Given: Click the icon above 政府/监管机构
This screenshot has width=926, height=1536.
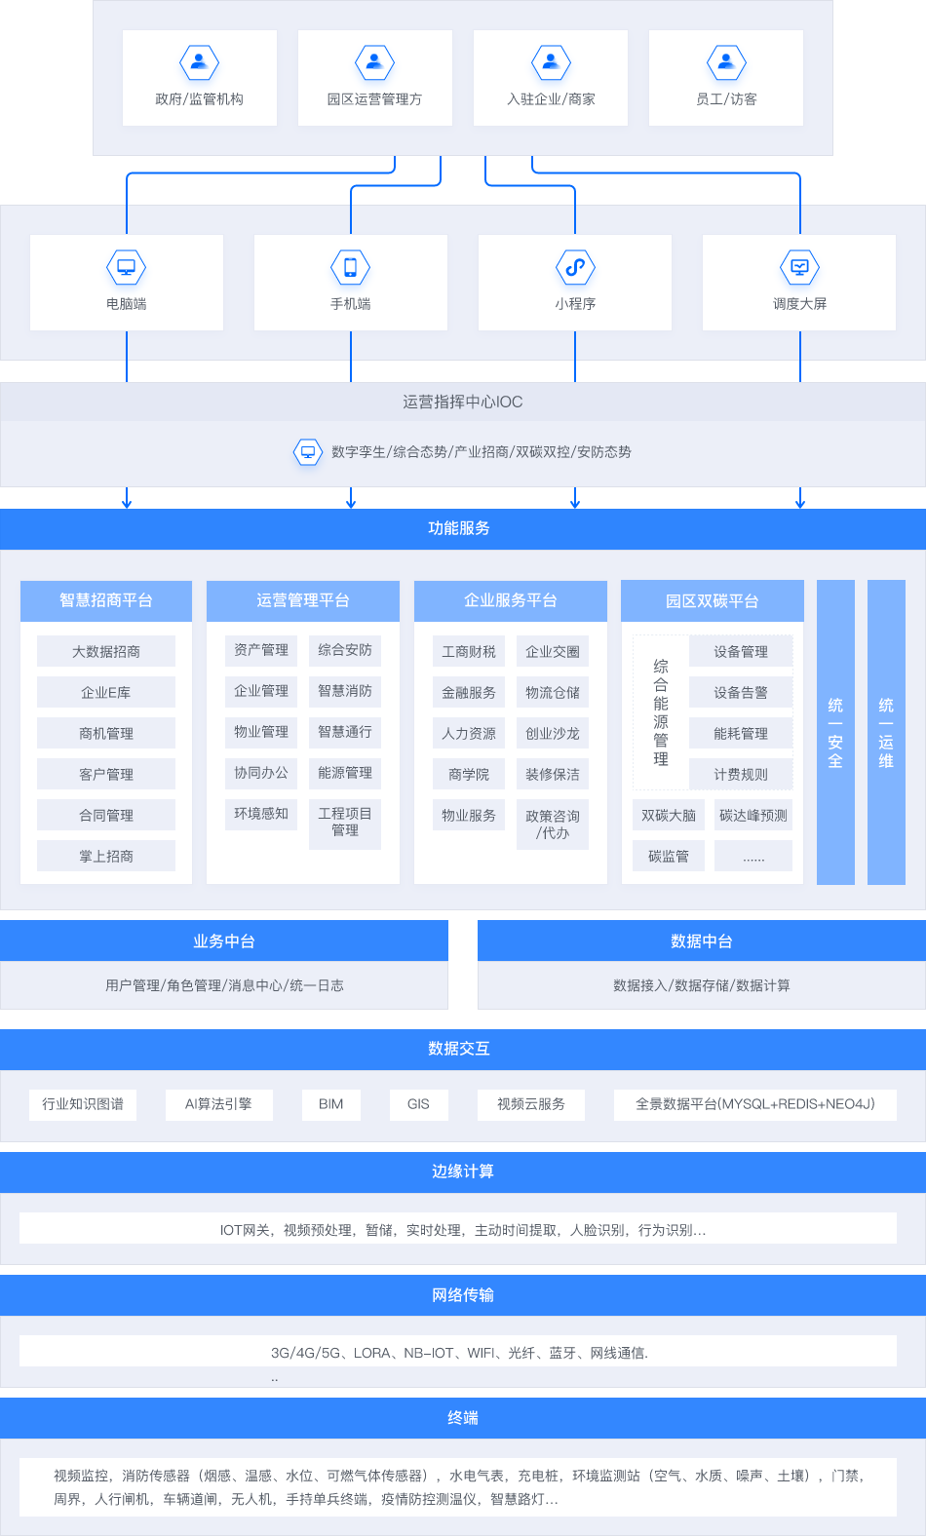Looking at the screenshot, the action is point(199,62).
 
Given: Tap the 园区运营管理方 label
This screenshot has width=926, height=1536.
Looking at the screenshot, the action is point(374,99).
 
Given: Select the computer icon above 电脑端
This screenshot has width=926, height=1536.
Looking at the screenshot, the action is point(126,267).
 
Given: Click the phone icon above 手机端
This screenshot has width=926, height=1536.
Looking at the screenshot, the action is point(351,267).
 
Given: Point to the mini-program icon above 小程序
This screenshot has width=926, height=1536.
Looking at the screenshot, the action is point(575,267).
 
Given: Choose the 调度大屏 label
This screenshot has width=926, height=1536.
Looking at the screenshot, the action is point(800,304).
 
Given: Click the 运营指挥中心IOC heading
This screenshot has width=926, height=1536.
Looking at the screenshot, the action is point(462,402).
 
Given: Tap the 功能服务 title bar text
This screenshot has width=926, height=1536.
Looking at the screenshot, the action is point(459,528).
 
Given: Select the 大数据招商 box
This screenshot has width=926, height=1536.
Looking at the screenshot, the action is point(106,651).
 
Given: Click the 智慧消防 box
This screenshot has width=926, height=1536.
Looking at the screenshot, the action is point(345,691).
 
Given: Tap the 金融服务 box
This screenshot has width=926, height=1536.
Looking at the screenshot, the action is point(469,693).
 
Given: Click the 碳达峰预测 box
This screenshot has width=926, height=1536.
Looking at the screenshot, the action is point(753,816).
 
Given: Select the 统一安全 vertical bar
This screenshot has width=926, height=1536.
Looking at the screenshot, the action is point(835,732).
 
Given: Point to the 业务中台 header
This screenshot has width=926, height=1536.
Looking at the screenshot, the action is point(224,941).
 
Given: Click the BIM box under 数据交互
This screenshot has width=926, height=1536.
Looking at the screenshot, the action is point(331,1104).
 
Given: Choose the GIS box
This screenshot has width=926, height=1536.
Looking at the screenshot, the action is point(418,1104).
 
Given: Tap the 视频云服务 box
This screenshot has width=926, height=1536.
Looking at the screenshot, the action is point(531,1104).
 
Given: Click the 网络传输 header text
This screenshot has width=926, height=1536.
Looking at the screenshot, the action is point(463,1294).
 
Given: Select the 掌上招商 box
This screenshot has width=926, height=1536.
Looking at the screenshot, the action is point(106,856).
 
